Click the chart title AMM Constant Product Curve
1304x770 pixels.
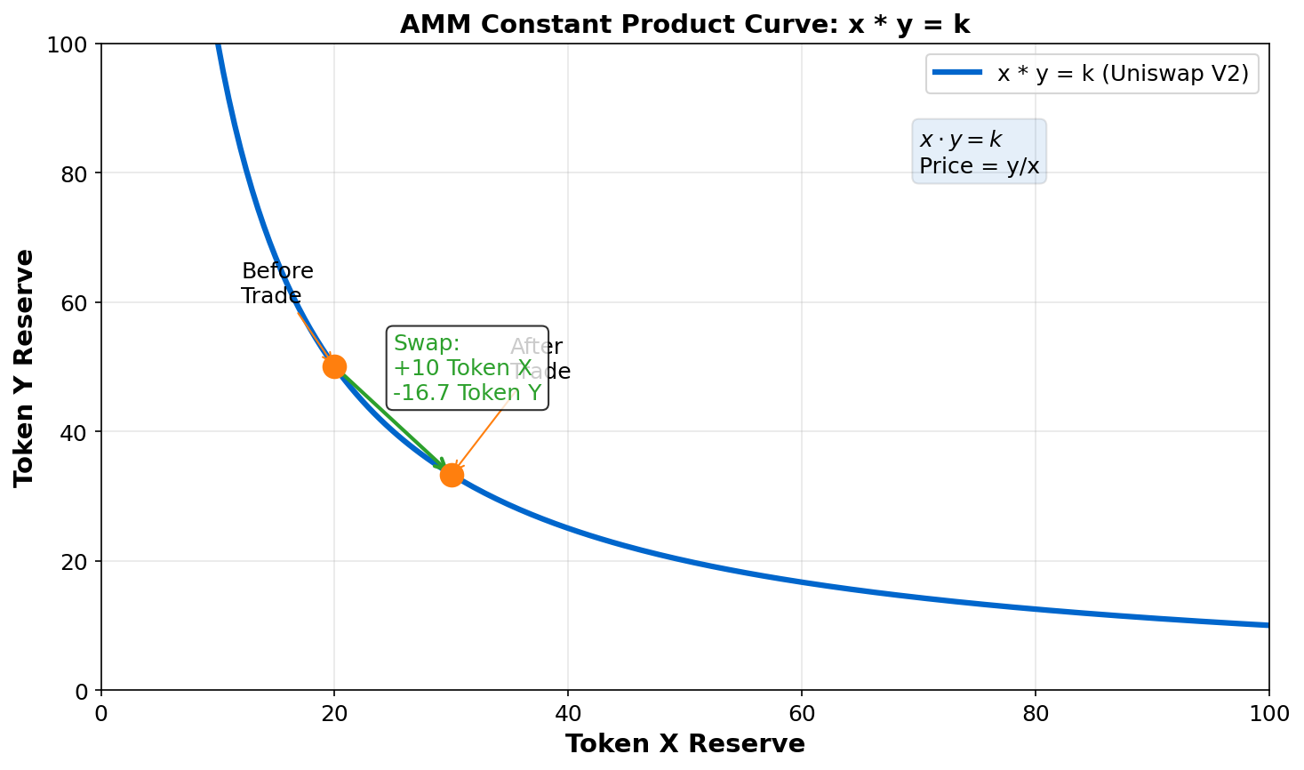[x=684, y=24]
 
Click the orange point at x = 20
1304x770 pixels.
[x=334, y=366]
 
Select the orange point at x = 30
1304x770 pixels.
[x=452, y=475]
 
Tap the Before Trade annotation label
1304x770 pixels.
[x=276, y=284]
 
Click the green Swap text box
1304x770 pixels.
[x=467, y=368]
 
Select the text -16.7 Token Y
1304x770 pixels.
[x=467, y=393]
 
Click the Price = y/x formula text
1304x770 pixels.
[x=979, y=166]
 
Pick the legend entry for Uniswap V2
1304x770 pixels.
[x=1122, y=74]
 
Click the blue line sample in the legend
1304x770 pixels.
[x=956, y=74]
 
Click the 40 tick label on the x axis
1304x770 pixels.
[x=568, y=713]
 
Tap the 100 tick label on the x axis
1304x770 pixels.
[x=1268, y=713]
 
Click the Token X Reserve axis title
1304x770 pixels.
[x=684, y=744]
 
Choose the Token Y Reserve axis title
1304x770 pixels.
[x=24, y=367]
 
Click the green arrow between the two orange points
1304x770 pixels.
[x=391, y=419]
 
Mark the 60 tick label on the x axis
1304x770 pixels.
[x=802, y=713]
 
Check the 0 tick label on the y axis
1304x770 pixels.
[x=82, y=691]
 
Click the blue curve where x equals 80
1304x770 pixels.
[x=1036, y=609]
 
